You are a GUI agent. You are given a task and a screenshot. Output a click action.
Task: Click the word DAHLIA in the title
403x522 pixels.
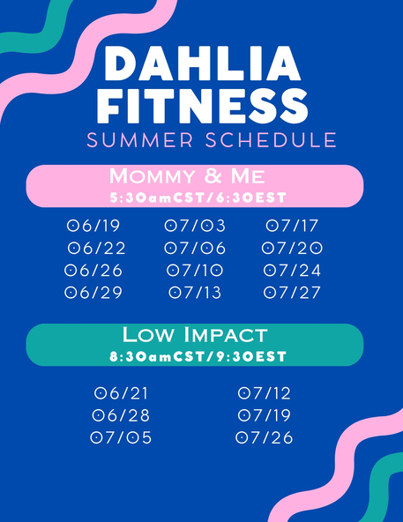[203, 63]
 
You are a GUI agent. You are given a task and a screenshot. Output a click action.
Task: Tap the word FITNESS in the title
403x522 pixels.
[202, 106]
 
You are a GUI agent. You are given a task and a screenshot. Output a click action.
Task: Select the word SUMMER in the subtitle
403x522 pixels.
[140, 140]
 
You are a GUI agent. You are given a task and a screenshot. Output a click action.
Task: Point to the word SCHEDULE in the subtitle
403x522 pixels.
[271, 140]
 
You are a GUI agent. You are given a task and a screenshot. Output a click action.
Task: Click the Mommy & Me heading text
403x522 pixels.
[187, 175]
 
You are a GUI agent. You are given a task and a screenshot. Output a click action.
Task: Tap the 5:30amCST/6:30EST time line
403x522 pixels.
[198, 198]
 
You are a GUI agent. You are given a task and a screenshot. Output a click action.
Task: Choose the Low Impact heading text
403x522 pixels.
[195, 334]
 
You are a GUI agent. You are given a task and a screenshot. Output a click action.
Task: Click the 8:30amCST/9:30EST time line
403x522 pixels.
[198, 356]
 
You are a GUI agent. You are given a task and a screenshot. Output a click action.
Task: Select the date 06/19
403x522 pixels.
[93, 226]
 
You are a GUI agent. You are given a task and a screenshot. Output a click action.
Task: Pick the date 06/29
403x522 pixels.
[93, 293]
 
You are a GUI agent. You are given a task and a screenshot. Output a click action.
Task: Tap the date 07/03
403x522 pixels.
[195, 226]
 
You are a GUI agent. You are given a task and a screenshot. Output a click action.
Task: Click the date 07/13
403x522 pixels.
[195, 293]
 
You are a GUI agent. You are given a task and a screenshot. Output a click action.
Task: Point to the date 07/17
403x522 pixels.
[292, 226]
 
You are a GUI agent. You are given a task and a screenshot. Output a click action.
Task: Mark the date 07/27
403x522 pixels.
[292, 293]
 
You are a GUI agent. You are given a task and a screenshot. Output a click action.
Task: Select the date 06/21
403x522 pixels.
[121, 393]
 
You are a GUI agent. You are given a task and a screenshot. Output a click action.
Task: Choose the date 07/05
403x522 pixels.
[121, 437]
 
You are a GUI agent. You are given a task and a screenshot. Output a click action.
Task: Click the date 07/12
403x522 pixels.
[265, 393]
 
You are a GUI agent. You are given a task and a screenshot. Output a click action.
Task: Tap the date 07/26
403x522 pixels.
[265, 437]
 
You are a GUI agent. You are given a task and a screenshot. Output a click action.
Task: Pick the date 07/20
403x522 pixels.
[292, 248]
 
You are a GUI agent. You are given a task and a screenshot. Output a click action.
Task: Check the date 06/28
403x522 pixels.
[121, 415]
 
